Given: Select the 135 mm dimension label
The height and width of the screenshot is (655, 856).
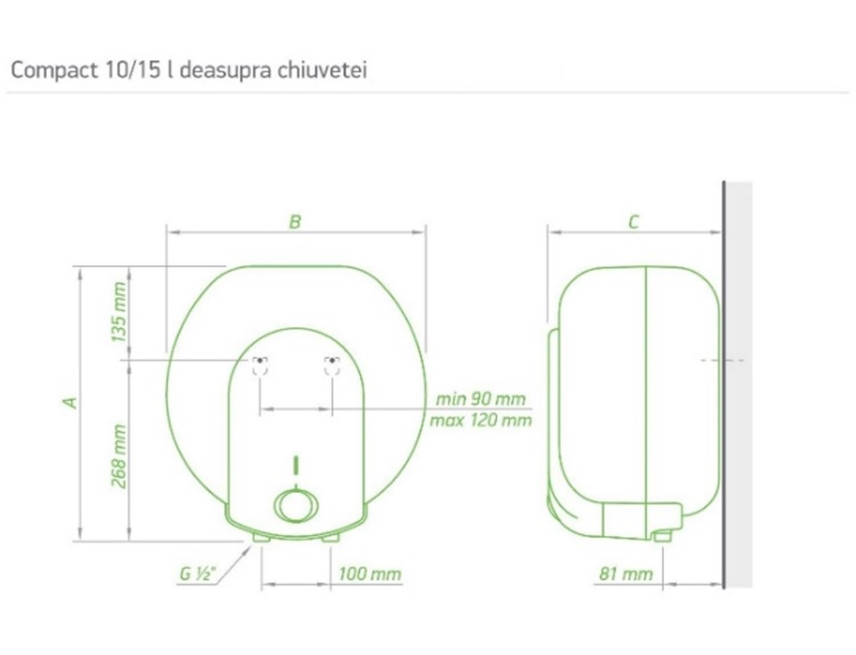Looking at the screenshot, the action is click(119, 312).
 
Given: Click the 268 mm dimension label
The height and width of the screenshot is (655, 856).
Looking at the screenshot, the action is click(119, 456).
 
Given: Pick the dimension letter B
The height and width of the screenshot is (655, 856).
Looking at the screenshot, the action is click(295, 222).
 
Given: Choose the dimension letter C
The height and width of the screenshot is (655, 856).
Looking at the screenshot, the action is click(634, 222).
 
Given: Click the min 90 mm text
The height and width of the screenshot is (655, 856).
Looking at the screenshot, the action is click(481, 399).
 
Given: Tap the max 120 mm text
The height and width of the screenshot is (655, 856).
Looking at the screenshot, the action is click(481, 421).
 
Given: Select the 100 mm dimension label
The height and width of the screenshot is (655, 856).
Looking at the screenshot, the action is click(370, 574).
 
